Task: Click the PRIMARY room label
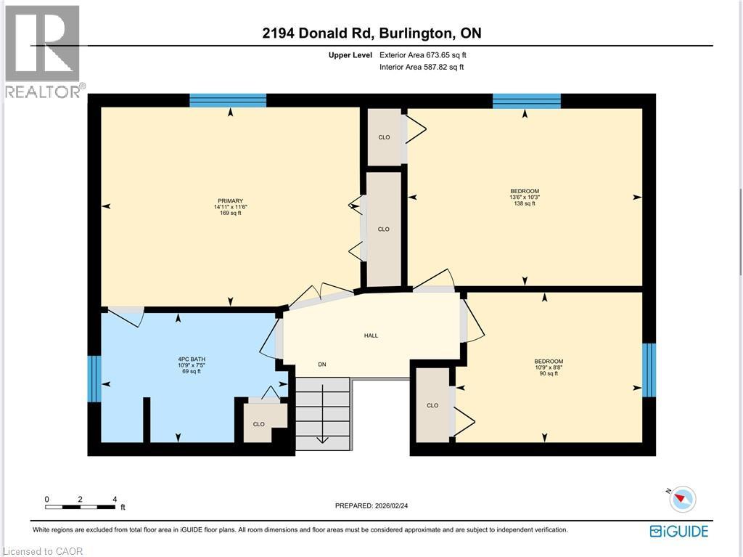230,200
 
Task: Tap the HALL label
371,336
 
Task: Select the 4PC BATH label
192,359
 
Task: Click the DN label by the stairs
322,365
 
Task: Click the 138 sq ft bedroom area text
525,203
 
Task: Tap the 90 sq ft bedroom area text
549,373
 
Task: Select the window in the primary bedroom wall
228,101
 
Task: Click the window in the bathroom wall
95,378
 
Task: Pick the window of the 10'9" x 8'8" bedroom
649,370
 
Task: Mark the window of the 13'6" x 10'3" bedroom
527,101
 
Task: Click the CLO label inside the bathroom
259,424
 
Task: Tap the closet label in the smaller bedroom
432,405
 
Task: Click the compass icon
683,499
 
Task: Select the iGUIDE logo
679,531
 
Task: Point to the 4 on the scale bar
115,499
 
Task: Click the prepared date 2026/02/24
391,505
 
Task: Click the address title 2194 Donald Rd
319,33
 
